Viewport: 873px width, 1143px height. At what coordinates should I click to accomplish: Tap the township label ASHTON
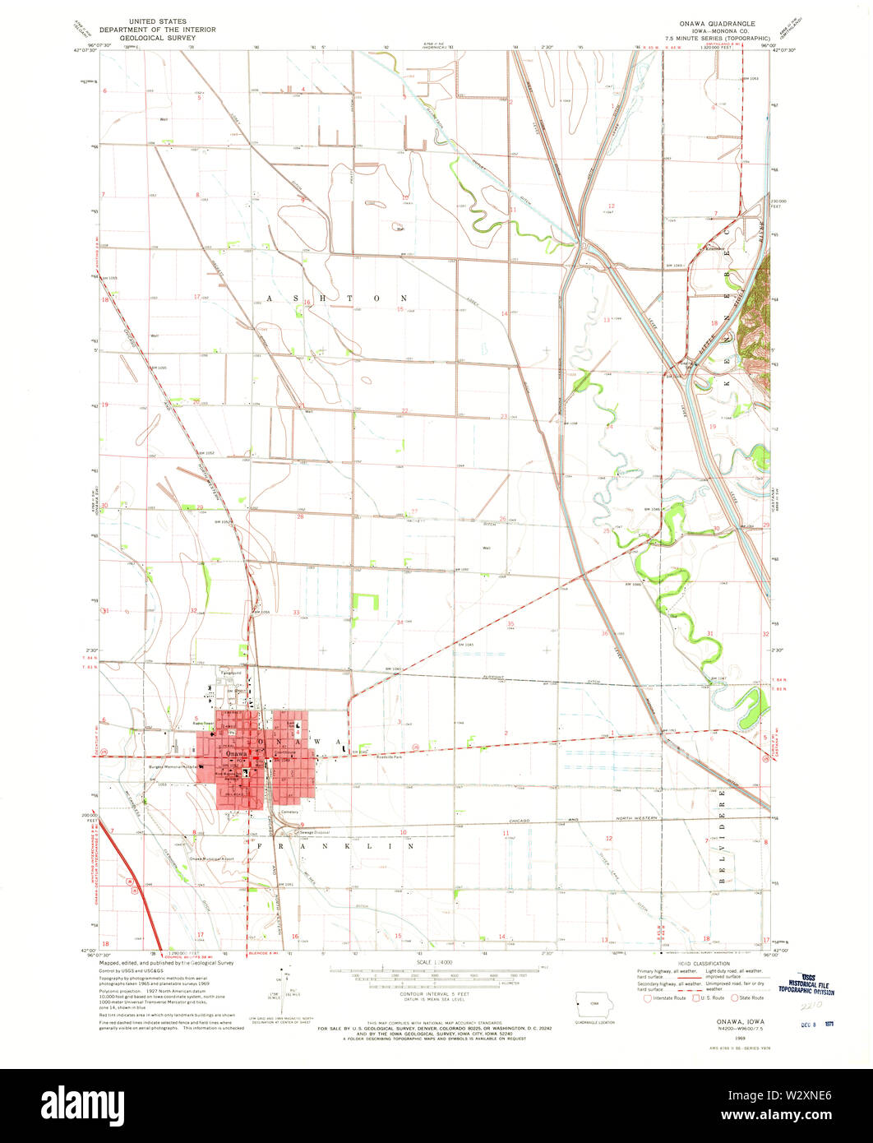[337, 298]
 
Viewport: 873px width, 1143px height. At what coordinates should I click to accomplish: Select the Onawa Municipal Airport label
[212, 859]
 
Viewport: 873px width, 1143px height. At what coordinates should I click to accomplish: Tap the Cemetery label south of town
[289, 812]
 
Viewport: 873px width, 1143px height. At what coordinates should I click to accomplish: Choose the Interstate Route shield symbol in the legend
[649, 997]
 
